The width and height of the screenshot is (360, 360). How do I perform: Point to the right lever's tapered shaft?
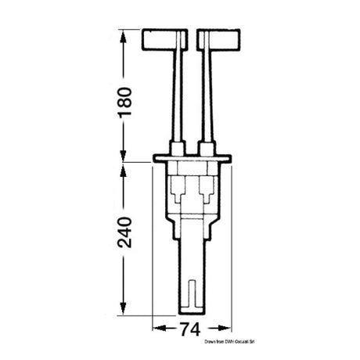(206, 94)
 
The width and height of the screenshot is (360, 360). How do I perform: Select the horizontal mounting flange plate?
(193, 160)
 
